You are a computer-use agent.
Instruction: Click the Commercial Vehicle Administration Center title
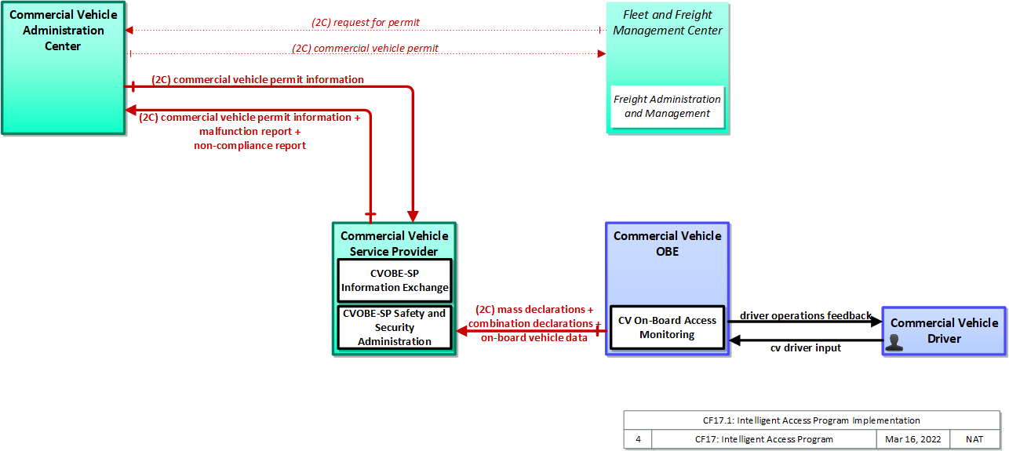(x=63, y=30)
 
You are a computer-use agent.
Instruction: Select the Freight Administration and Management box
(x=667, y=106)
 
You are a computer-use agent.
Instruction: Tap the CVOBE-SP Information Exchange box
(x=395, y=281)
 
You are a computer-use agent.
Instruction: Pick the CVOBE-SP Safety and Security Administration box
(x=395, y=327)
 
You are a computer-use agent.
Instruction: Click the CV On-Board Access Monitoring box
(x=667, y=327)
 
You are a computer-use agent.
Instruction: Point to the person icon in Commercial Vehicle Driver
(x=894, y=343)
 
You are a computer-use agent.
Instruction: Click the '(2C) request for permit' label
(x=366, y=22)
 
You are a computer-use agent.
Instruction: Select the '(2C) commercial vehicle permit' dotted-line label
(x=365, y=48)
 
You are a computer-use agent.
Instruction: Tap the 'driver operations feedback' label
(x=806, y=315)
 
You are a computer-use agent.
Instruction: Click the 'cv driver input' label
(x=806, y=347)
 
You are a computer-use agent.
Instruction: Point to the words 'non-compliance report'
(x=250, y=145)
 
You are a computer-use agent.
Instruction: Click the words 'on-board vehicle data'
(x=534, y=337)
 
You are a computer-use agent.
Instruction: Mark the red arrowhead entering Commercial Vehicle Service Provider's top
(x=413, y=216)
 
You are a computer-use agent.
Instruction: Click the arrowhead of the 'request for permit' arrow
(x=129, y=30)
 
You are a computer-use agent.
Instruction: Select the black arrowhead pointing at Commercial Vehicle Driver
(x=876, y=322)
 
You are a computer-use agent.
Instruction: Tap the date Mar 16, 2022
(x=912, y=439)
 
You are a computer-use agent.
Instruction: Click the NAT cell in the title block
(x=974, y=439)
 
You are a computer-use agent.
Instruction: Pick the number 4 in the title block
(x=638, y=439)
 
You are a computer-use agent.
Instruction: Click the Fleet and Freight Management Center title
(x=667, y=23)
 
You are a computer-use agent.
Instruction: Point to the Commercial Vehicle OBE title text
(x=667, y=243)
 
